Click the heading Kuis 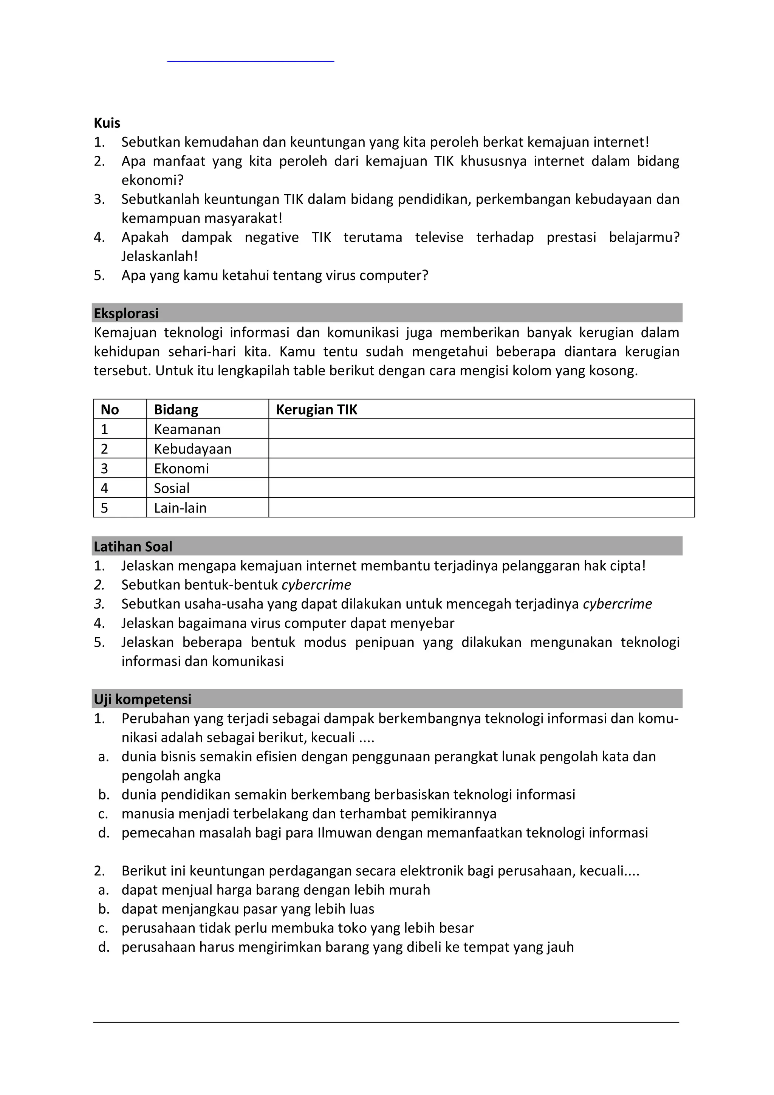(x=107, y=123)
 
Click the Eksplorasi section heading (x=126, y=313)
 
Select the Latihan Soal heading (x=133, y=547)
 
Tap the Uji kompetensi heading (x=142, y=699)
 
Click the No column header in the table (x=110, y=410)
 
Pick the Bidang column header (x=176, y=410)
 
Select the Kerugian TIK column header (x=317, y=410)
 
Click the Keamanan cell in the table (x=187, y=429)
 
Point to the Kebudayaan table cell (x=193, y=449)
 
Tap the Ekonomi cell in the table (x=181, y=468)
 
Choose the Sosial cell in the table (x=172, y=488)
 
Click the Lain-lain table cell (x=180, y=508)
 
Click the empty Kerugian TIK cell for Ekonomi (x=481, y=468)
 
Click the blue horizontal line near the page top (x=250, y=62)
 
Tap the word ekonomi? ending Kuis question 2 (x=153, y=180)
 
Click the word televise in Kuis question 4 (x=439, y=237)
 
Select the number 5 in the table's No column (x=104, y=508)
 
